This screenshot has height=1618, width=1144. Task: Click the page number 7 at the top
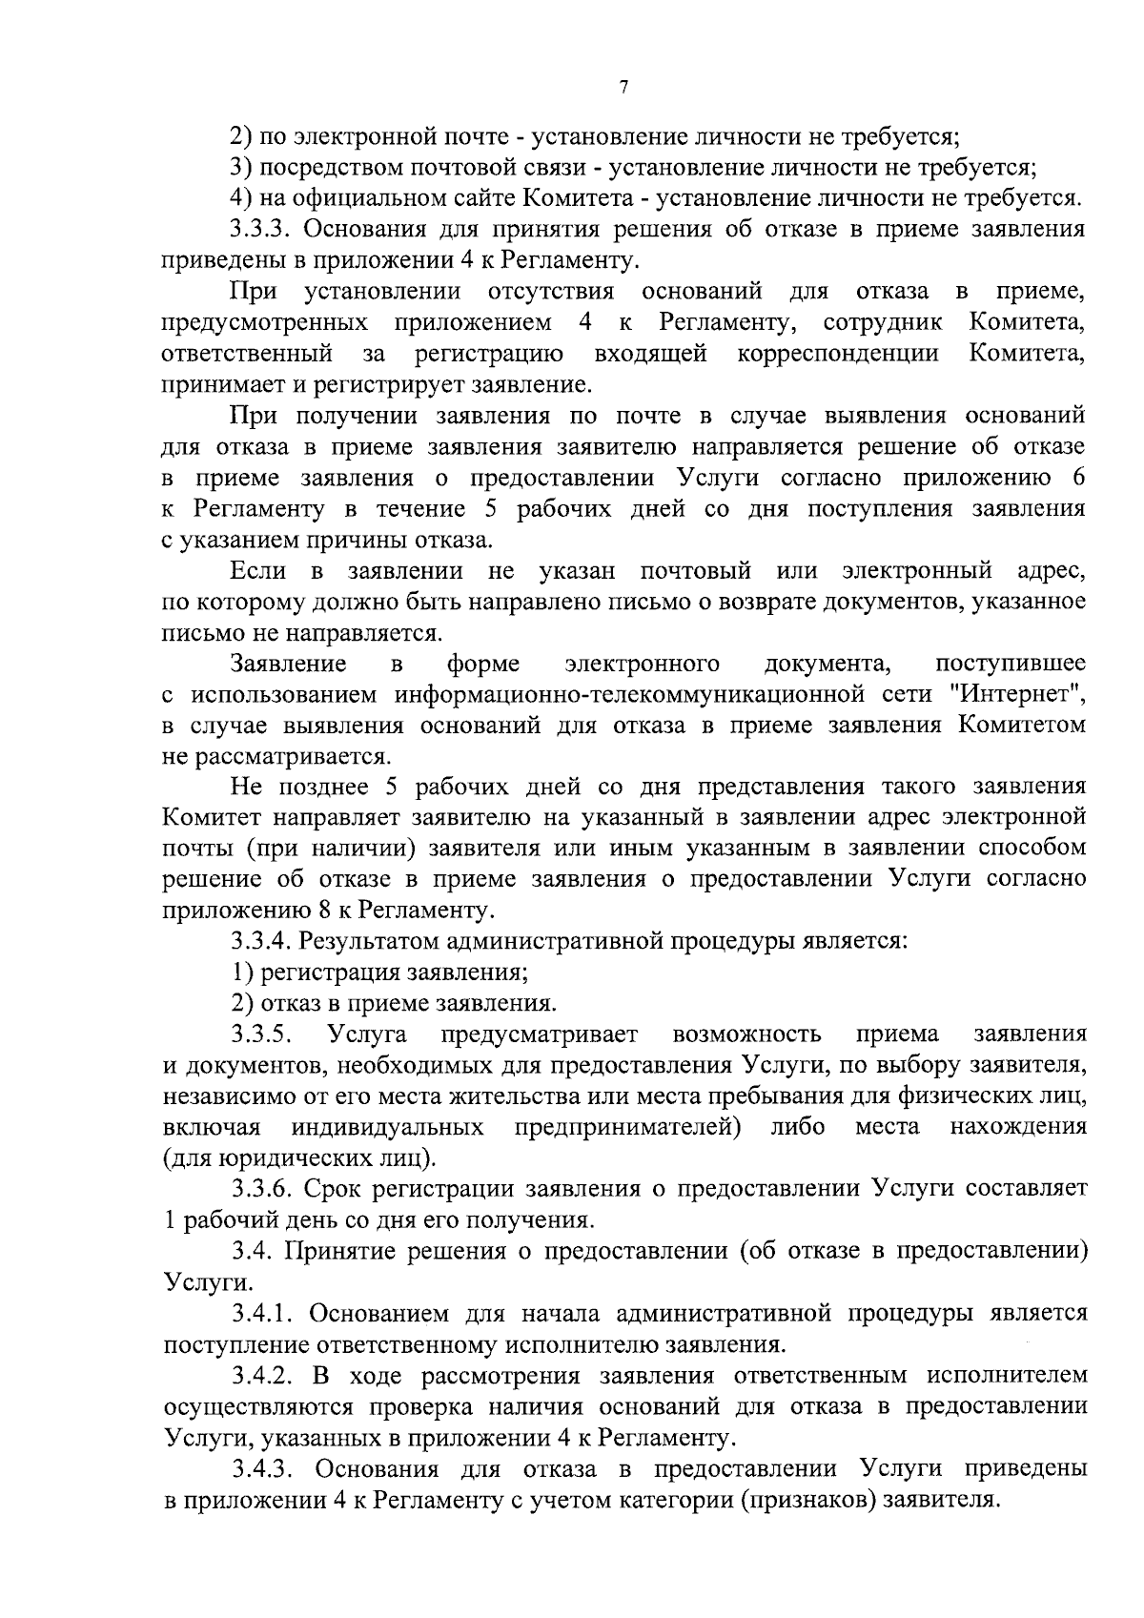[623, 89]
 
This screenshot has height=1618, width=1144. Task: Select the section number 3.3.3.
[261, 230]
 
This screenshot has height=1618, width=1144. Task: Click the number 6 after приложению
[1078, 478]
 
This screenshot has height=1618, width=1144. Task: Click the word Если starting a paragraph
[257, 571]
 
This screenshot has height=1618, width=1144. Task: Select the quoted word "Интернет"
[1017, 694]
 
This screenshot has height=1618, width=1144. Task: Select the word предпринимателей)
[628, 1127]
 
